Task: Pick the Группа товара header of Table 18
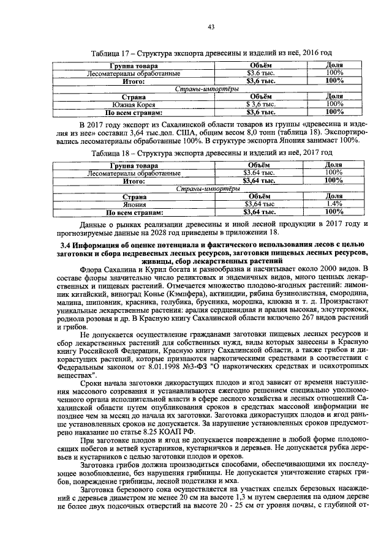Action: click(134, 166)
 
